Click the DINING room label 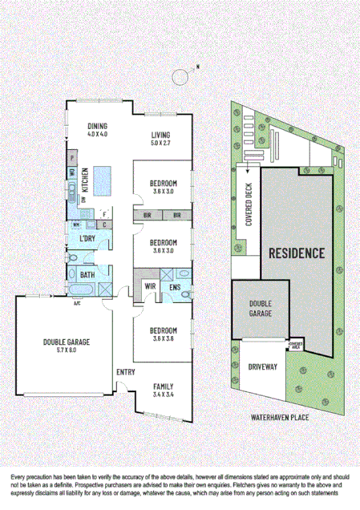tap(98, 126)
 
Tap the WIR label tap(150, 285)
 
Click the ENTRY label tap(126, 372)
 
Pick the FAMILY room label tap(163, 387)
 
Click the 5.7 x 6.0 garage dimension tap(67, 350)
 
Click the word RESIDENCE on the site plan tap(297, 253)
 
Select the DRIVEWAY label tap(262, 366)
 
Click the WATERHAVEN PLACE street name tap(279, 418)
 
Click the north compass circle tap(182, 77)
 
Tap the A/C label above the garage tap(78, 303)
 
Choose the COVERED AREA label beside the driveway tap(295, 343)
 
